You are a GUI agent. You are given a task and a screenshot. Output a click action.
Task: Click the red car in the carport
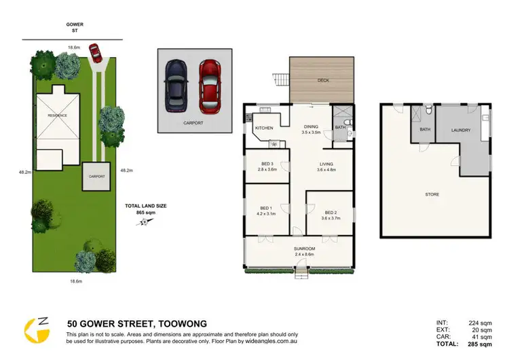pos(210,86)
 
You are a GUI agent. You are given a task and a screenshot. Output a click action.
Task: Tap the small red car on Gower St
pos(93,52)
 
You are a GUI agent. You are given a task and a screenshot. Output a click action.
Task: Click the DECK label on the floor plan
pos(322,80)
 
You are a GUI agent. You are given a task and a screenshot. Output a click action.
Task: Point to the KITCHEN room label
pos(264,128)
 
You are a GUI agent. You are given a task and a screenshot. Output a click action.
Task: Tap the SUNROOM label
pos(305,249)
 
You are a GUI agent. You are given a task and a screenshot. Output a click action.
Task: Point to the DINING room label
pos(312,126)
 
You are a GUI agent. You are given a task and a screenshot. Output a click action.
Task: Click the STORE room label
pos(432,194)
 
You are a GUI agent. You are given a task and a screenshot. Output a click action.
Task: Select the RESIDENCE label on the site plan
pos(57,115)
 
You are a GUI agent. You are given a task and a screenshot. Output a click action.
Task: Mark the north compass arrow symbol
pos(143,223)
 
